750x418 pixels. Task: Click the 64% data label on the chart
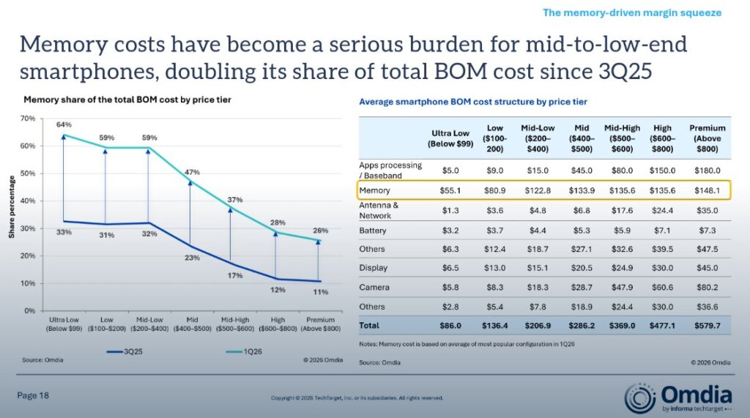[x=64, y=124]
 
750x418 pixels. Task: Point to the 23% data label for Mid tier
[x=193, y=258]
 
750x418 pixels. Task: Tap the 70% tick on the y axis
[x=28, y=118]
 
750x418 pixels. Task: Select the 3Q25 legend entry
[x=125, y=351]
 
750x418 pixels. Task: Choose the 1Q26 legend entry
[x=244, y=351]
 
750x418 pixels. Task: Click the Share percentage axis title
[x=12, y=207]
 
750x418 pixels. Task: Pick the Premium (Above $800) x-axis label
[x=321, y=324]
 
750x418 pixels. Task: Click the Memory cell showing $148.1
[x=707, y=190]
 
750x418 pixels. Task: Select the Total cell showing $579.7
[x=707, y=326]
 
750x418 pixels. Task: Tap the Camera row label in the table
[x=374, y=288]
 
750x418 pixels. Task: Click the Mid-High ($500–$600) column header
[x=622, y=138]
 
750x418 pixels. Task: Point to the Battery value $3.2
[x=450, y=231]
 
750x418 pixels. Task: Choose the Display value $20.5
[x=581, y=268]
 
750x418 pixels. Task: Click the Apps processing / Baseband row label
[x=390, y=171]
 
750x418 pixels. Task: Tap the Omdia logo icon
[x=639, y=398]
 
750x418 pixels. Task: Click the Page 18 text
[x=33, y=395]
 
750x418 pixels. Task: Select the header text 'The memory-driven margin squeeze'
[x=632, y=13]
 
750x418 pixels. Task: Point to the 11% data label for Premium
[x=321, y=292]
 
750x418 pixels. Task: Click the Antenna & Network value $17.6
[x=622, y=210]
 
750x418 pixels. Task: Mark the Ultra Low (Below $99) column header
[x=450, y=138]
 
